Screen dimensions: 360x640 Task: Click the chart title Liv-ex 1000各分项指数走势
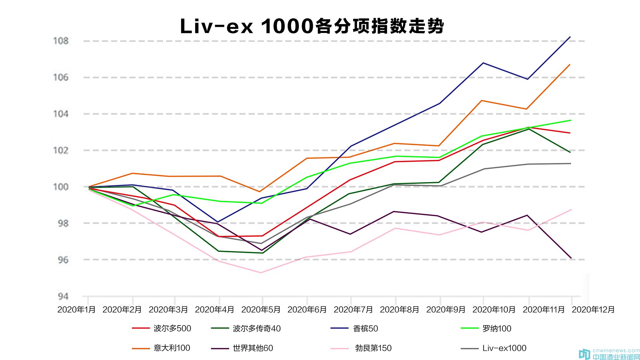tap(312, 26)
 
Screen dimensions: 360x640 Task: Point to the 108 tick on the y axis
tap(61, 41)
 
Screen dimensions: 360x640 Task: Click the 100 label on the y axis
tap(61, 187)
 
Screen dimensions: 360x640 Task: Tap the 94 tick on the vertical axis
tap(63, 296)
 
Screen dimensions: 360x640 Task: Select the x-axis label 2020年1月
tap(76, 310)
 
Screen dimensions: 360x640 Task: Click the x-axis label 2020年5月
tap(261, 310)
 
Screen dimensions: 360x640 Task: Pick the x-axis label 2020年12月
tap(593, 310)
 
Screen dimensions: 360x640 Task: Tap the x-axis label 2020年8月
tap(399, 310)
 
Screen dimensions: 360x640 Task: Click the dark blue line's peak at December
tap(570, 37)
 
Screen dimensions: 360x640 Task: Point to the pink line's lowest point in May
tap(261, 273)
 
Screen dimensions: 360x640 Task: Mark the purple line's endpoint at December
tap(571, 258)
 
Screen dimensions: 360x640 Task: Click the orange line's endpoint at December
tap(570, 65)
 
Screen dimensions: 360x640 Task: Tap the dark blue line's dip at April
tap(218, 222)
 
